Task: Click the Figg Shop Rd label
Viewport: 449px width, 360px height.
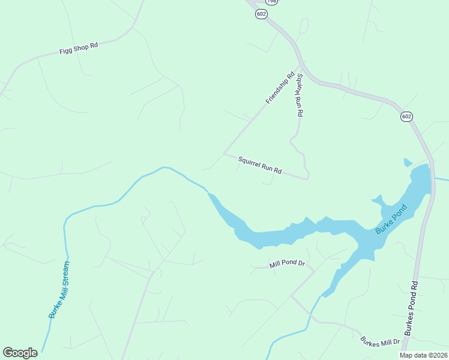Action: pyautogui.click(x=79, y=48)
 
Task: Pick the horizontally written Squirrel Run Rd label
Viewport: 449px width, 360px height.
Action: pyautogui.click(x=260, y=165)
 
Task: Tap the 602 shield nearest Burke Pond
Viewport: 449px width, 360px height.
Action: pyautogui.click(x=406, y=116)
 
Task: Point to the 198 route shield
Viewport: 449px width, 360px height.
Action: pyautogui.click(x=272, y=2)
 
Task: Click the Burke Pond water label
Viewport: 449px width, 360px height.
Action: pyautogui.click(x=391, y=220)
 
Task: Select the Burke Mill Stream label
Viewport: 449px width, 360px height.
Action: pyautogui.click(x=59, y=289)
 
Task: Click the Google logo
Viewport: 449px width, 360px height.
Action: pyautogui.click(x=20, y=353)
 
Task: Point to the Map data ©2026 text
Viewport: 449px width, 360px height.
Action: pyautogui.click(x=423, y=355)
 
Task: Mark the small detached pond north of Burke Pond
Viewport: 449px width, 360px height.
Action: pyautogui.click(x=408, y=162)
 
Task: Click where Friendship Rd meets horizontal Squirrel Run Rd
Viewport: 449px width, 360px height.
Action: pyautogui.click(x=224, y=154)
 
